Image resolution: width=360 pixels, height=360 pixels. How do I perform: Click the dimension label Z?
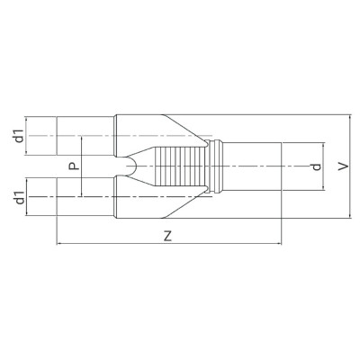(x=168, y=236)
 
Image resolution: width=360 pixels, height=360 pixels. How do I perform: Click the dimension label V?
(x=343, y=166)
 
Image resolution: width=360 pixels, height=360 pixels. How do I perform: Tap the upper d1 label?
(x=19, y=136)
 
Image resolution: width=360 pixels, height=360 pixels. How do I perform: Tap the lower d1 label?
(x=19, y=197)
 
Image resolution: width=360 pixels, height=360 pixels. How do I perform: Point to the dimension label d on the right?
(x=316, y=166)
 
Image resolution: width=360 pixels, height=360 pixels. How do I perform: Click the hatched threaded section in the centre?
(x=179, y=166)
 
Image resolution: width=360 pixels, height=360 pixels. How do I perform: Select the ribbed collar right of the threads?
(x=215, y=166)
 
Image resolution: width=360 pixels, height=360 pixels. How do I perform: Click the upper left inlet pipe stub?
(x=85, y=136)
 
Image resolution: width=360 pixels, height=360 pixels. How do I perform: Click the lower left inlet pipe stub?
(x=85, y=197)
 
